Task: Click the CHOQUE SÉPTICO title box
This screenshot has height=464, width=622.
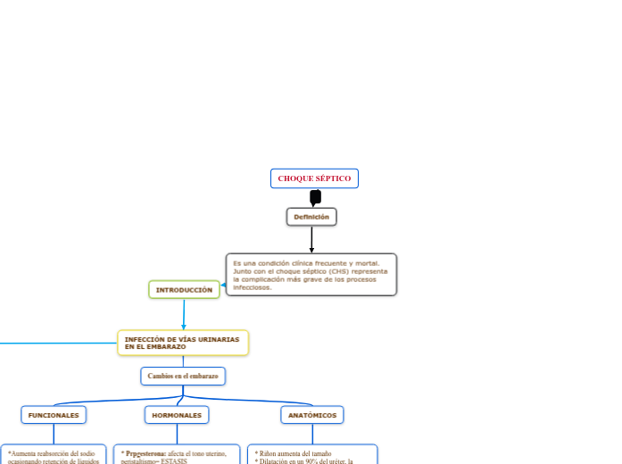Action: point(314,178)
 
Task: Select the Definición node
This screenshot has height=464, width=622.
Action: point(311,217)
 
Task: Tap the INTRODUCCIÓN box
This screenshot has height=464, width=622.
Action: point(184,290)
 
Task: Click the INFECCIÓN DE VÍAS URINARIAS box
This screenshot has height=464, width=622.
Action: point(183,343)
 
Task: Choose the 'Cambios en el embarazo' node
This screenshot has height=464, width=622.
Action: point(183,377)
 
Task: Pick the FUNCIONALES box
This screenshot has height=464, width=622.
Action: point(54,415)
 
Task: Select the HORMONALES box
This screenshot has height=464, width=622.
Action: point(177,415)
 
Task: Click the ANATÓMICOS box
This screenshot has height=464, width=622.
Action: point(311,415)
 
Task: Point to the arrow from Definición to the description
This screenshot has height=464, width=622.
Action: point(311,240)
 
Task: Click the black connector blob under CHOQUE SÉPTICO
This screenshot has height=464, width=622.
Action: point(315,197)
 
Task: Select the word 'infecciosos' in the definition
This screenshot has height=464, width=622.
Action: point(253,287)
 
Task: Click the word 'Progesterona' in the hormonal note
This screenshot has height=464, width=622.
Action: point(145,453)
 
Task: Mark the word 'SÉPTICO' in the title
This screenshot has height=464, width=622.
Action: point(335,178)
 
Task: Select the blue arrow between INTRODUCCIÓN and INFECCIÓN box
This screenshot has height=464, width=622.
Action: point(184,315)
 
